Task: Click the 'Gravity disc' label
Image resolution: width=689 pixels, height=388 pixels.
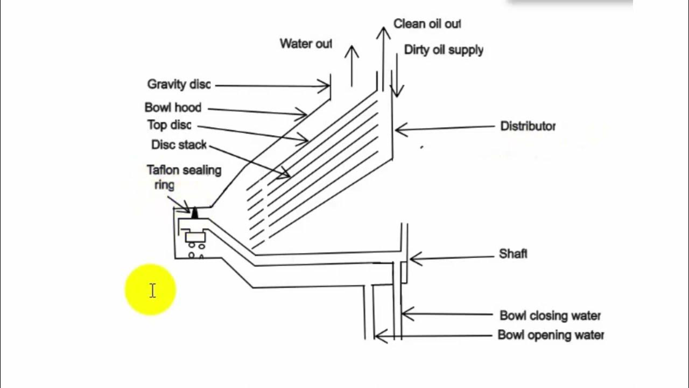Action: (179, 85)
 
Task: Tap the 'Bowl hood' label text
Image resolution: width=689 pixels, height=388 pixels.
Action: (173, 108)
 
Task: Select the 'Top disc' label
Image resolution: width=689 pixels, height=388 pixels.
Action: (169, 125)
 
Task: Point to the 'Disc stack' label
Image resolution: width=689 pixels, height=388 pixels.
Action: (179, 145)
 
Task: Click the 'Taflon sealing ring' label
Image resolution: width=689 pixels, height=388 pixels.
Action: (184, 177)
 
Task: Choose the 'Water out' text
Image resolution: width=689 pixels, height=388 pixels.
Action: (305, 44)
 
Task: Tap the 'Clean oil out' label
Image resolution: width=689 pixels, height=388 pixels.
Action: (427, 24)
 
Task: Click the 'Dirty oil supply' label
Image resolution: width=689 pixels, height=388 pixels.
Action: (444, 50)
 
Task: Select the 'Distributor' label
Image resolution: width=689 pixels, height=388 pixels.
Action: (528, 126)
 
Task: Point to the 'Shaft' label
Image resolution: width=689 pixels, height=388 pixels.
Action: (513, 253)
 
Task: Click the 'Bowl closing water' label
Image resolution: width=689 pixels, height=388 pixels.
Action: (550, 315)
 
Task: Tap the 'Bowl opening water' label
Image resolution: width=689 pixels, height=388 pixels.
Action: (551, 335)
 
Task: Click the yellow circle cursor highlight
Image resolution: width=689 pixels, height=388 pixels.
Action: (151, 290)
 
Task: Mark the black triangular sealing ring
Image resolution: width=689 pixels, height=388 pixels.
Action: (195, 213)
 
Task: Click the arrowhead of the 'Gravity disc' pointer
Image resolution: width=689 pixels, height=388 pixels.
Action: (325, 85)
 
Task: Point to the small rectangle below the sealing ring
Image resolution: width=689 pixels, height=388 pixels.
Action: (194, 237)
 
